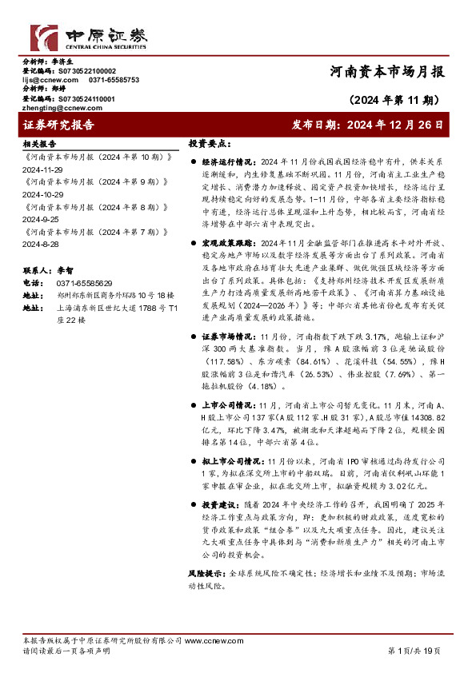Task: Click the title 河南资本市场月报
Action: tap(386, 72)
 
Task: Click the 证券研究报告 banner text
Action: tap(59, 125)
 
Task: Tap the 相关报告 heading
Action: tap(39, 145)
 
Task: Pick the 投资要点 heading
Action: tap(207, 145)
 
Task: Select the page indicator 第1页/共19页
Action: tap(414, 651)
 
